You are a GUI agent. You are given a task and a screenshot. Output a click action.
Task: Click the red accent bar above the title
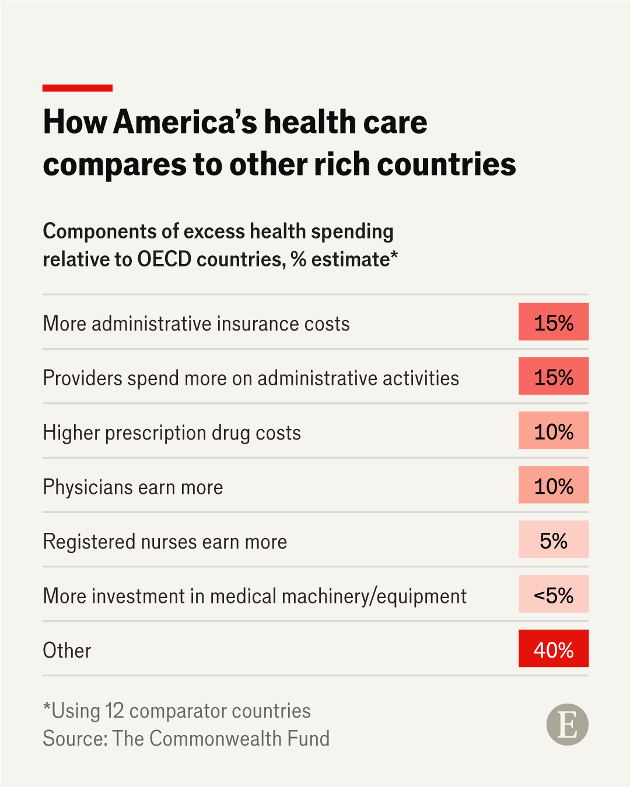77,88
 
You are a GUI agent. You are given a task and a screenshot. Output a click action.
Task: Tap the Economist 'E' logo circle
568,724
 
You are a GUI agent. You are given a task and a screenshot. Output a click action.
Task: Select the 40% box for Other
554,648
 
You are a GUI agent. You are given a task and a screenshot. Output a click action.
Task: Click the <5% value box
554,593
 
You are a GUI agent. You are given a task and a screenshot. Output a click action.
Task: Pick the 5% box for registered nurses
554,539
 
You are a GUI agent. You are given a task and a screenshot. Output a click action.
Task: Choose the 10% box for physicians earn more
554,484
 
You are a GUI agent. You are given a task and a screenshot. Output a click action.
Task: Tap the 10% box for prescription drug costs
554,430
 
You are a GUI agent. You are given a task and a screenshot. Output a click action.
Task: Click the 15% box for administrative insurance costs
554,321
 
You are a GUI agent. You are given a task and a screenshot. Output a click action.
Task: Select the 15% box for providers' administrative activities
554,376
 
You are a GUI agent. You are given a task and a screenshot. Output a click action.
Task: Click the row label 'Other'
66,651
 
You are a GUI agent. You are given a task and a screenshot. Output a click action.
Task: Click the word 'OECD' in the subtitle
164,259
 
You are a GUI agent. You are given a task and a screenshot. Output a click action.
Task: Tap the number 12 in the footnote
114,711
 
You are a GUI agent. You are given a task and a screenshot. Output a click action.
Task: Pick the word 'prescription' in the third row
156,433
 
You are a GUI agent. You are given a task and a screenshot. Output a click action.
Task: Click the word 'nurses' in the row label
169,542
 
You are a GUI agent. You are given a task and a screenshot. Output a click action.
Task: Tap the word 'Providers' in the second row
83,378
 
